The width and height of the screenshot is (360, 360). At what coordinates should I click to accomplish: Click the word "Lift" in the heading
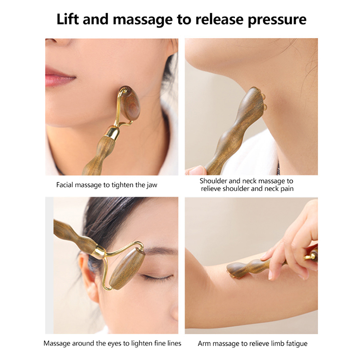[x=68, y=19]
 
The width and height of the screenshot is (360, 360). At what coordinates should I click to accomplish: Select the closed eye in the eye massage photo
[x=156, y=277]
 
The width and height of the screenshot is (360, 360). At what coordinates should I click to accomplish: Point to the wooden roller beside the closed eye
[x=127, y=270]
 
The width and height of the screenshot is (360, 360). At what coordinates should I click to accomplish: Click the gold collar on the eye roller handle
[x=99, y=251]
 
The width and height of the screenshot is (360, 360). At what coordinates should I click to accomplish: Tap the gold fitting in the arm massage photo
[x=310, y=255]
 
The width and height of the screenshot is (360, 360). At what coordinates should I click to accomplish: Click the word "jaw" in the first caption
[x=152, y=185]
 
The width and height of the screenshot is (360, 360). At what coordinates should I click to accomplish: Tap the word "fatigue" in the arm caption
[x=297, y=344]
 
